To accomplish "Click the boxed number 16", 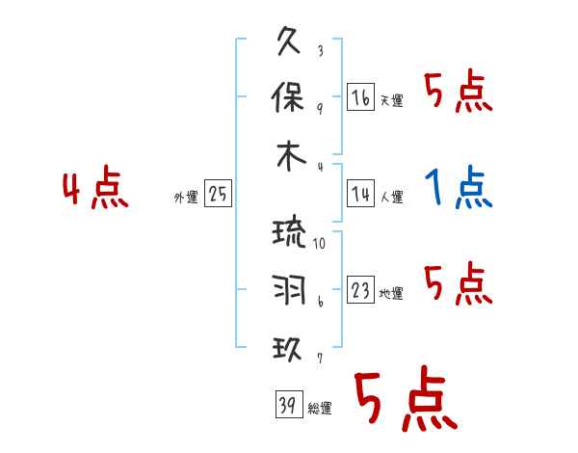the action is pyautogui.click(x=360, y=96).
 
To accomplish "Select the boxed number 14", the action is pyautogui.click(x=360, y=194).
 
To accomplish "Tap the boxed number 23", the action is pyautogui.click(x=360, y=290).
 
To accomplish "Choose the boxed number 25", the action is pyautogui.click(x=218, y=194).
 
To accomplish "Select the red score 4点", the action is pyautogui.click(x=95, y=190).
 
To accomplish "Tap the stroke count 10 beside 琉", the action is pyautogui.click(x=319, y=244).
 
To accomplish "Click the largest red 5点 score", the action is pyautogui.click(x=405, y=401).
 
